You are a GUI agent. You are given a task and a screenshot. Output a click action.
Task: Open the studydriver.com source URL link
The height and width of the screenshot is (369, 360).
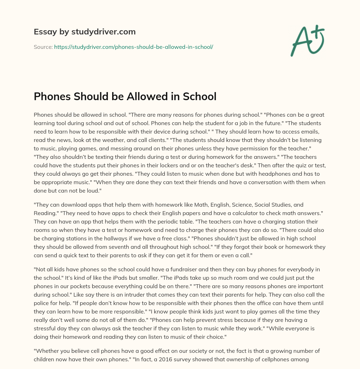point(134,47)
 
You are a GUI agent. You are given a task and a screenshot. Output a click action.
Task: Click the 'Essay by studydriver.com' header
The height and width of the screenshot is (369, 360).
point(84,32)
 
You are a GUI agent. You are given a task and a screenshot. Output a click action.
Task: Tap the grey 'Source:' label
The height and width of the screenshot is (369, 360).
point(43,47)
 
